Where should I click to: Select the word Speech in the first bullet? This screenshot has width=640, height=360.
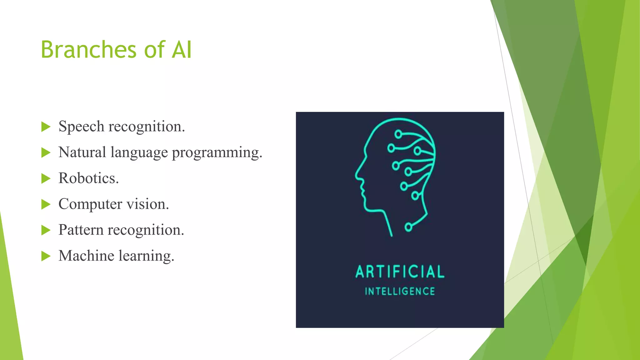click(81, 127)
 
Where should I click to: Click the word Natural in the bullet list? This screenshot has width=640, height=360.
click(82, 152)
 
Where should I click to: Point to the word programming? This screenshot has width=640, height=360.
click(217, 153)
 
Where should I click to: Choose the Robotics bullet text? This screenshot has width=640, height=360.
click(88, 178)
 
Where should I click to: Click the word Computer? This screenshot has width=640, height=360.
click(90, 204)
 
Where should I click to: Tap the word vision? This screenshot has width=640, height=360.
click(147, 204)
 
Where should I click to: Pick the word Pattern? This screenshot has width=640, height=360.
click(81, 230)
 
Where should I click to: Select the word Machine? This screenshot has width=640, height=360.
click(86, 256)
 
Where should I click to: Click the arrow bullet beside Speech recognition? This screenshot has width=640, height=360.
click(46, 127)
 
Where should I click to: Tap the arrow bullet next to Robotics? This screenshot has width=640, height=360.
click(46, 178)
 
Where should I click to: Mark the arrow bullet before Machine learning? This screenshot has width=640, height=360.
click(46, 256)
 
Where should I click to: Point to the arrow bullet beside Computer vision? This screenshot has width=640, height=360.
click(46, 204)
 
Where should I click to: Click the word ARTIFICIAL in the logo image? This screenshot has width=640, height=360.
click(400, 272)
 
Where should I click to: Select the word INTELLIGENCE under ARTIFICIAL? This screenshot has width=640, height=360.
click(400, 292)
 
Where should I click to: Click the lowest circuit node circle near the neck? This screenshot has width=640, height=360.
click(408, 227)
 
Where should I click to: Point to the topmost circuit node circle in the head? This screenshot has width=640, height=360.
click(398, 134)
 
